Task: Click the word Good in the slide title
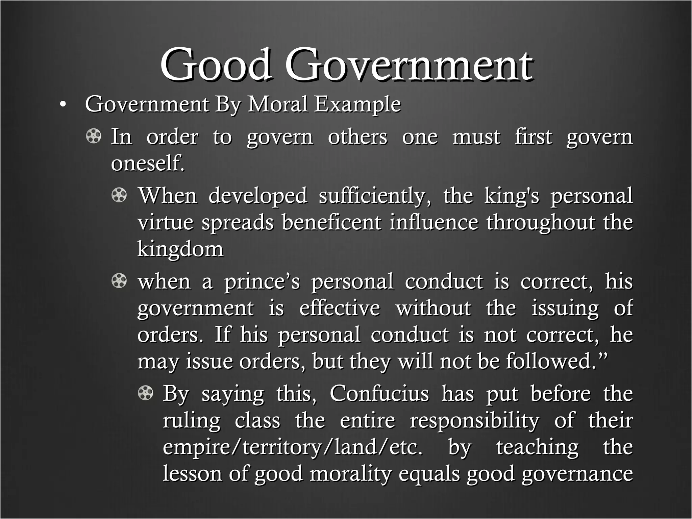216,64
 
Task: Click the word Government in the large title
409,64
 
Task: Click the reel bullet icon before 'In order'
93,137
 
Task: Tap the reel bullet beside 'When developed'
119,196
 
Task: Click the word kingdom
180,249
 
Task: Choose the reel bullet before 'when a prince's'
119,281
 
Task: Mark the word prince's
262,282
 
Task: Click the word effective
340,308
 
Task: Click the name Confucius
379,394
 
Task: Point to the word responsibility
474,421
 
